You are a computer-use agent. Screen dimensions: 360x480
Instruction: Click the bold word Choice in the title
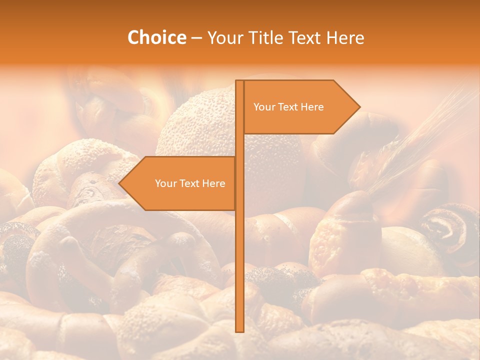(x=156, y=37)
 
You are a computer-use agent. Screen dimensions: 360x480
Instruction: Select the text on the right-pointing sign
(x=288, y=107)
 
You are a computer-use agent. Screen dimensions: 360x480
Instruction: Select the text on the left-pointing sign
(x=190, y=183)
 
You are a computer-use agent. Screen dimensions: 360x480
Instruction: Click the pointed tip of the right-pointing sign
(x=359, y=106)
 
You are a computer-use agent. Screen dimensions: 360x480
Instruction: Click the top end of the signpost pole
(x=239, y=81)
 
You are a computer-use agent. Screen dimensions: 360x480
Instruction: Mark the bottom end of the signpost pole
(x=239, y=330)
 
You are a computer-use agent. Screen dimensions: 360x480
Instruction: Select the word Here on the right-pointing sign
(x=312, y=107)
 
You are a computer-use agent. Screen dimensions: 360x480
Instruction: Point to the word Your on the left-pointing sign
(x=165, y=183)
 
